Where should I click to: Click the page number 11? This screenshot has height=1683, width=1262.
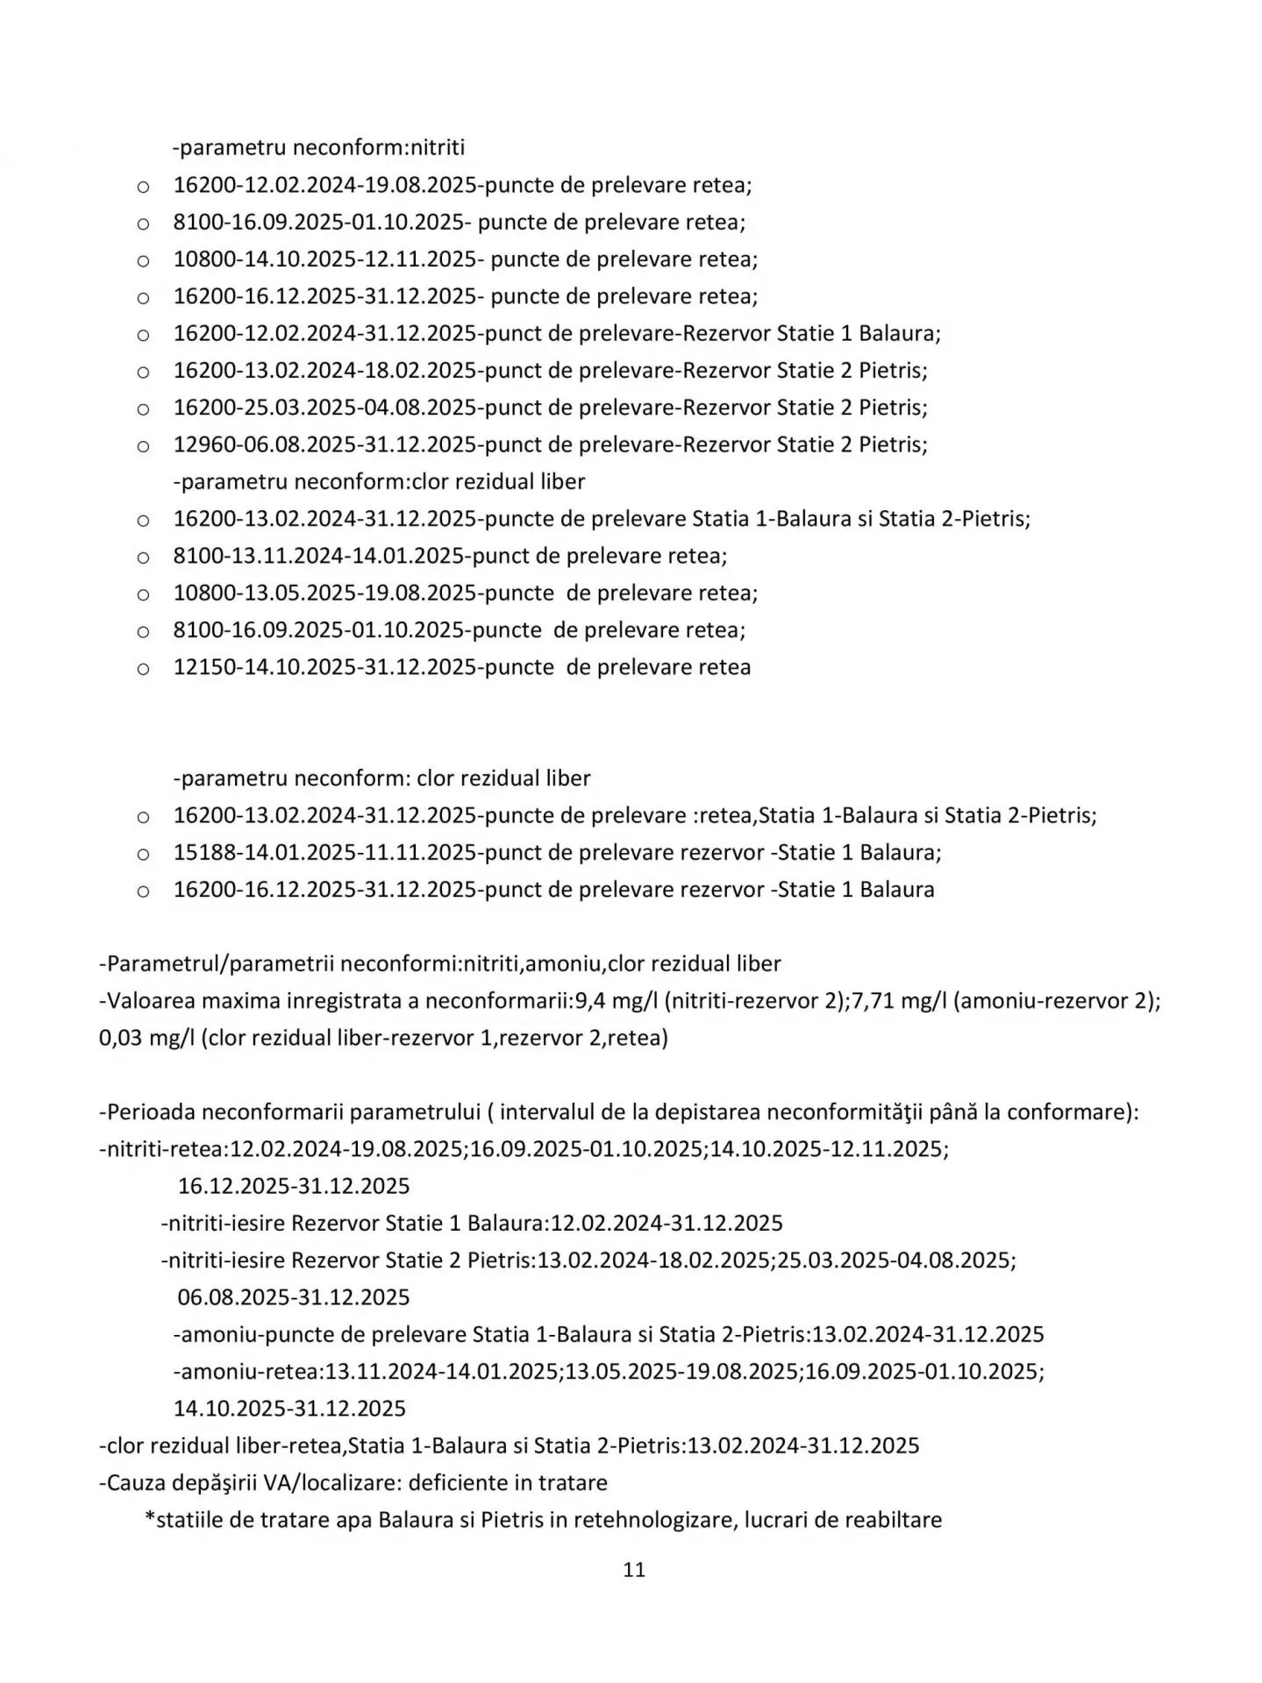(x=633, y=1570)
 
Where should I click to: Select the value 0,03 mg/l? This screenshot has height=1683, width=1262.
(x=146, y=1038)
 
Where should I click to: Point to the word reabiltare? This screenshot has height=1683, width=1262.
(x=893, y=1520)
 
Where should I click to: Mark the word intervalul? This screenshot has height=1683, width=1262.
(x=552, y=1112)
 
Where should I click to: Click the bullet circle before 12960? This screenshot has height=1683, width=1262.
(x=143, y=446)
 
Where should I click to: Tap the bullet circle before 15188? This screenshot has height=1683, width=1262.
(x=143, y=855)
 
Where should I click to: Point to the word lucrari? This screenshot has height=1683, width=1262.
(x=776, y=1520)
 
